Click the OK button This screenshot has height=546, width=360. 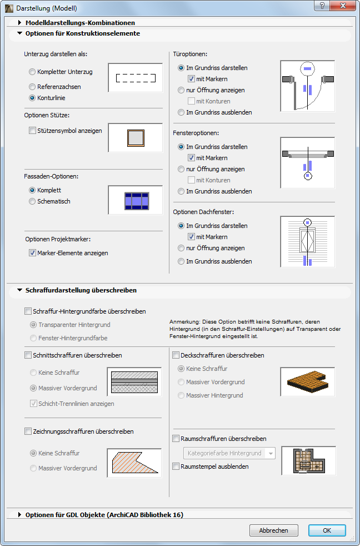pyautogui.click(x=327, y=530)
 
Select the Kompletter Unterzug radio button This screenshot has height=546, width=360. pyautogui.click(x=32, y=72)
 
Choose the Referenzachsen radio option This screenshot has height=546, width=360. pyautogui.click(x=32, y=87)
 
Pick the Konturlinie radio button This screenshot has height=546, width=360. pyautogui.click(x=32, y=98)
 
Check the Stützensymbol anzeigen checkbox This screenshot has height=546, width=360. pyautogui.click(x=32, y=131)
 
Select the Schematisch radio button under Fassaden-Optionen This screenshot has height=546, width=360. pyautogui.click(x=32, y=201)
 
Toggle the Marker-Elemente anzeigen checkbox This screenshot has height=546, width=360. pyautogui.click(x=32, y=252)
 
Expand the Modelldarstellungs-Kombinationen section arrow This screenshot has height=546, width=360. pyautogui.click(x=20, y=23)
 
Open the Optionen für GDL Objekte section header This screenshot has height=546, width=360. pyautogui.click(x=20, y=515)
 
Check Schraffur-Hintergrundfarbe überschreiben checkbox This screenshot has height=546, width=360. pyautogui.click(x=28, y=312)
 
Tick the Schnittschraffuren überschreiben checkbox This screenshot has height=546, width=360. pyautogui.click(x=28, y=355)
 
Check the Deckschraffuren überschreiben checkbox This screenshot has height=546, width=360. pyautogui.click(x=176, y=355)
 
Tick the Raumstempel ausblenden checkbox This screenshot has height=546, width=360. pyautogui.click(x=176, y=466)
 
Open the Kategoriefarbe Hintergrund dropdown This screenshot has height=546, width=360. pyautogui.click(x=228, y=453)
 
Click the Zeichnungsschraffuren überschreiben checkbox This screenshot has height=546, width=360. pyautogui.click(x=28, y=431)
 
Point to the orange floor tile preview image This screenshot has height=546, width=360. pyautogui.click(x=307, y=381)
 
